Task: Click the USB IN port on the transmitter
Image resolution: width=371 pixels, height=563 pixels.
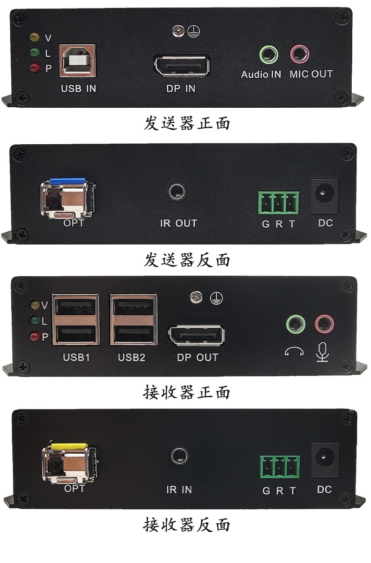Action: click(77, 60)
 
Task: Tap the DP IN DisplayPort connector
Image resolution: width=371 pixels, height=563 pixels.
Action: click(182, 66)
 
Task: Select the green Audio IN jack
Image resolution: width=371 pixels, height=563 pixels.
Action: click(269, 55)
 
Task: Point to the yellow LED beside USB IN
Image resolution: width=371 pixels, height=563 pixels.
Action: click(34, 36)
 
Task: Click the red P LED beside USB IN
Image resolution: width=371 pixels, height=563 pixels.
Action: click(34, 68)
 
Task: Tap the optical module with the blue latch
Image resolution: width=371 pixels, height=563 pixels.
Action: click(68, 198)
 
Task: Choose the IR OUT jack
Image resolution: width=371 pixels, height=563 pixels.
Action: click(177, 192)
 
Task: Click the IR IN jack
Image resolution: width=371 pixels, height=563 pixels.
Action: click(179, 456)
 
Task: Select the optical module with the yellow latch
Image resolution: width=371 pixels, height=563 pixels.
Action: click(70, 463)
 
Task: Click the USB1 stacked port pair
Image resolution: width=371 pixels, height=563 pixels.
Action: click(76, 320)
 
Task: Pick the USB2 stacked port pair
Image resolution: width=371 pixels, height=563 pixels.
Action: click(133, 320)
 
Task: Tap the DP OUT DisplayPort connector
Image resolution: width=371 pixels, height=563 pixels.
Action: click(196, 336)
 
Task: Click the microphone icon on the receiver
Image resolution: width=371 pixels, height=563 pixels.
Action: click(323, 352)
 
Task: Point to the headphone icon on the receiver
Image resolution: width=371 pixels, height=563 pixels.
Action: click(294, 352)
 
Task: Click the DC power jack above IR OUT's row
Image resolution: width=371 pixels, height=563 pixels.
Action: click(325, 196)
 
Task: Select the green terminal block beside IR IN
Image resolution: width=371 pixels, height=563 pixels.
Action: click(280, 467)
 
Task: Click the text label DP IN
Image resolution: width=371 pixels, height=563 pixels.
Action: click(181, 88)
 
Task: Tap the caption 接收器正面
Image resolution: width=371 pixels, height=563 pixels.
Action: click(187, 392)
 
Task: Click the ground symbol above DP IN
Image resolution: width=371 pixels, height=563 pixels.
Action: click(194, 31)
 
